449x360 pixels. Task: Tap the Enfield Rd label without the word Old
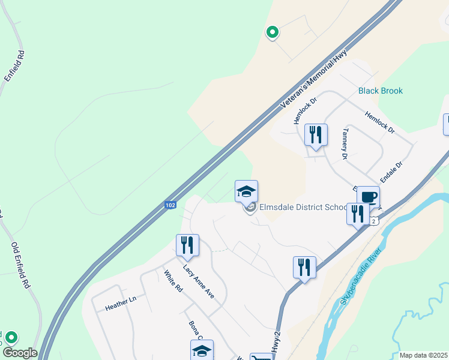click(14, 66)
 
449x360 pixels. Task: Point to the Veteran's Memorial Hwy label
click(315, 79)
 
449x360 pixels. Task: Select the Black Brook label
click(381, 91)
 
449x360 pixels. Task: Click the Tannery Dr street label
click(345, 144)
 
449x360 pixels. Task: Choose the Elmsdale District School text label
click(303, 208)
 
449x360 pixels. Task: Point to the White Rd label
click(173, 282)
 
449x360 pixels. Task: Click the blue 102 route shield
click(170, 205)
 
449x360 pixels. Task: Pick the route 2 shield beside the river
click(374, 221)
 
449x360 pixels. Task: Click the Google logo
click(19, 353)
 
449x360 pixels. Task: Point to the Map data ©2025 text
click(423, 355)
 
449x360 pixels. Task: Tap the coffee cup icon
click(368, 197)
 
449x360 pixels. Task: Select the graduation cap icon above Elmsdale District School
click(246, 191)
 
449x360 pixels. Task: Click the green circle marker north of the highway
click(272, 32)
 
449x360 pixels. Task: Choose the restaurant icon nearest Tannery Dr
click(316, 134)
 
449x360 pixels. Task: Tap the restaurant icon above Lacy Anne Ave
click(187, 245)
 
